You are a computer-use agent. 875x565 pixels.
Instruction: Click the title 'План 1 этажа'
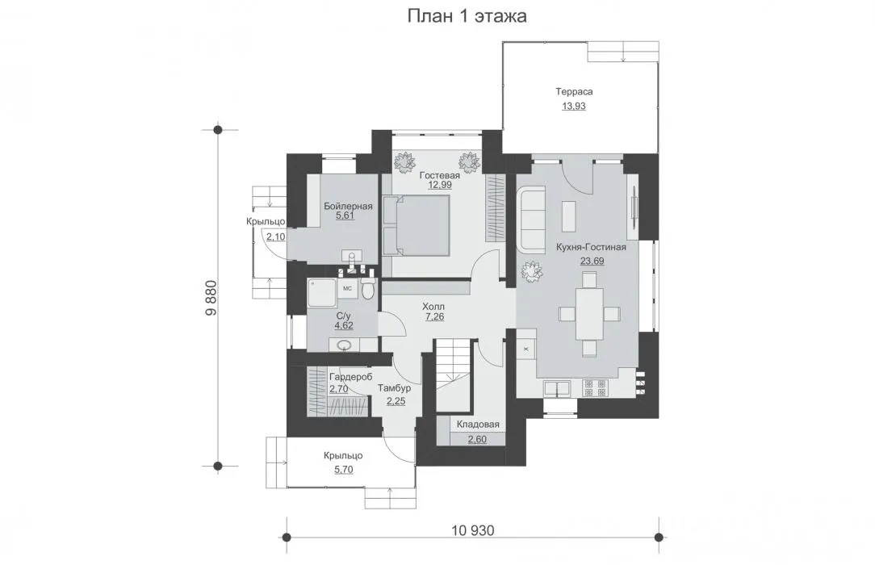click(x=467, y=16)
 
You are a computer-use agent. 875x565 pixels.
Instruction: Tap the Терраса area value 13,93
click(x=574, y=106)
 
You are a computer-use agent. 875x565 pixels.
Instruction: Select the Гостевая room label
click(x=440, y=175)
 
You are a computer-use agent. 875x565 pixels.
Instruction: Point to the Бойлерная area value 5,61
click(x=345, y=216)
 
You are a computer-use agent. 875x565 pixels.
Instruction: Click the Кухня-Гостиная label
click(x=592, y=247)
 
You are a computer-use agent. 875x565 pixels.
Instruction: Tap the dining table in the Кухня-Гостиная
click(x=590, y=314)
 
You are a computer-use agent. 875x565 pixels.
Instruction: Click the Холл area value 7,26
click(x=435, y=316)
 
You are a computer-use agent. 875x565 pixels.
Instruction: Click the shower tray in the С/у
click(x=321, y=293)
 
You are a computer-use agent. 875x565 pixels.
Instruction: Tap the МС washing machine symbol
click(x=347, y=288)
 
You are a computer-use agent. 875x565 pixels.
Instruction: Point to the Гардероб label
click(x=350, y=377)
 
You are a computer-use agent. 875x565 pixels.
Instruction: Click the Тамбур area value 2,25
click(x=396, y=401)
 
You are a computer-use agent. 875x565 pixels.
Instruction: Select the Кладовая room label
click(x=478, y=425)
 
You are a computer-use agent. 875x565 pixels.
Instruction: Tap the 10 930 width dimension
click(x=473, y=530)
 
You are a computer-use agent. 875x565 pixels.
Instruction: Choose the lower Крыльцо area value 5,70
click(x=344, y=470)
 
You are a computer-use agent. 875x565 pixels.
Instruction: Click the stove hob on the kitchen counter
click(x=595, y=388)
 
